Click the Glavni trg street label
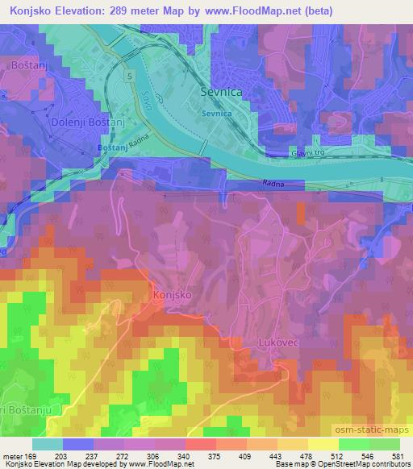tap(308, 151)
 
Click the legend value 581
tap(398, 455)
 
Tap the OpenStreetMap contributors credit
tap(362, 465)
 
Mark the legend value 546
tap(368, 455)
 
